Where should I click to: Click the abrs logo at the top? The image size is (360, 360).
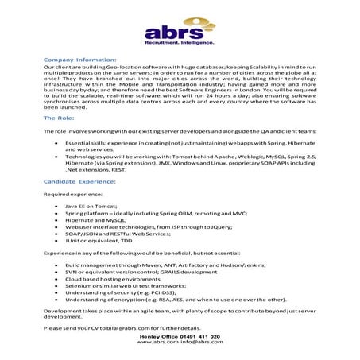(180, 33)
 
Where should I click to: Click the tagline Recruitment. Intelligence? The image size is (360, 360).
(180, 48)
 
